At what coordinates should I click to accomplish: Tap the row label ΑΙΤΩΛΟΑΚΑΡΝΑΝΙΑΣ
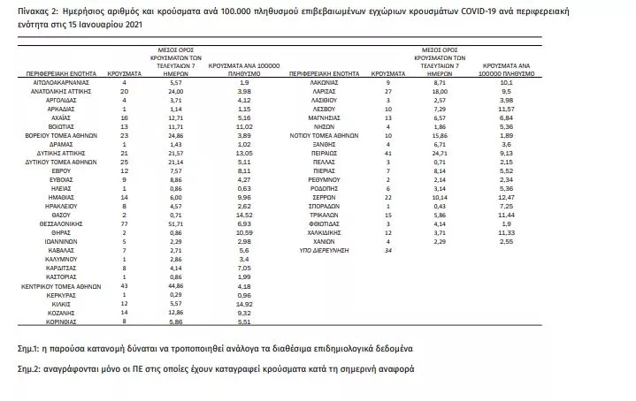[x=61, y=80]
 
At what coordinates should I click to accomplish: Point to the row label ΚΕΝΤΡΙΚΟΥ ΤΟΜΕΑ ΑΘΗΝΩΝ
[x=61, y=285]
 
